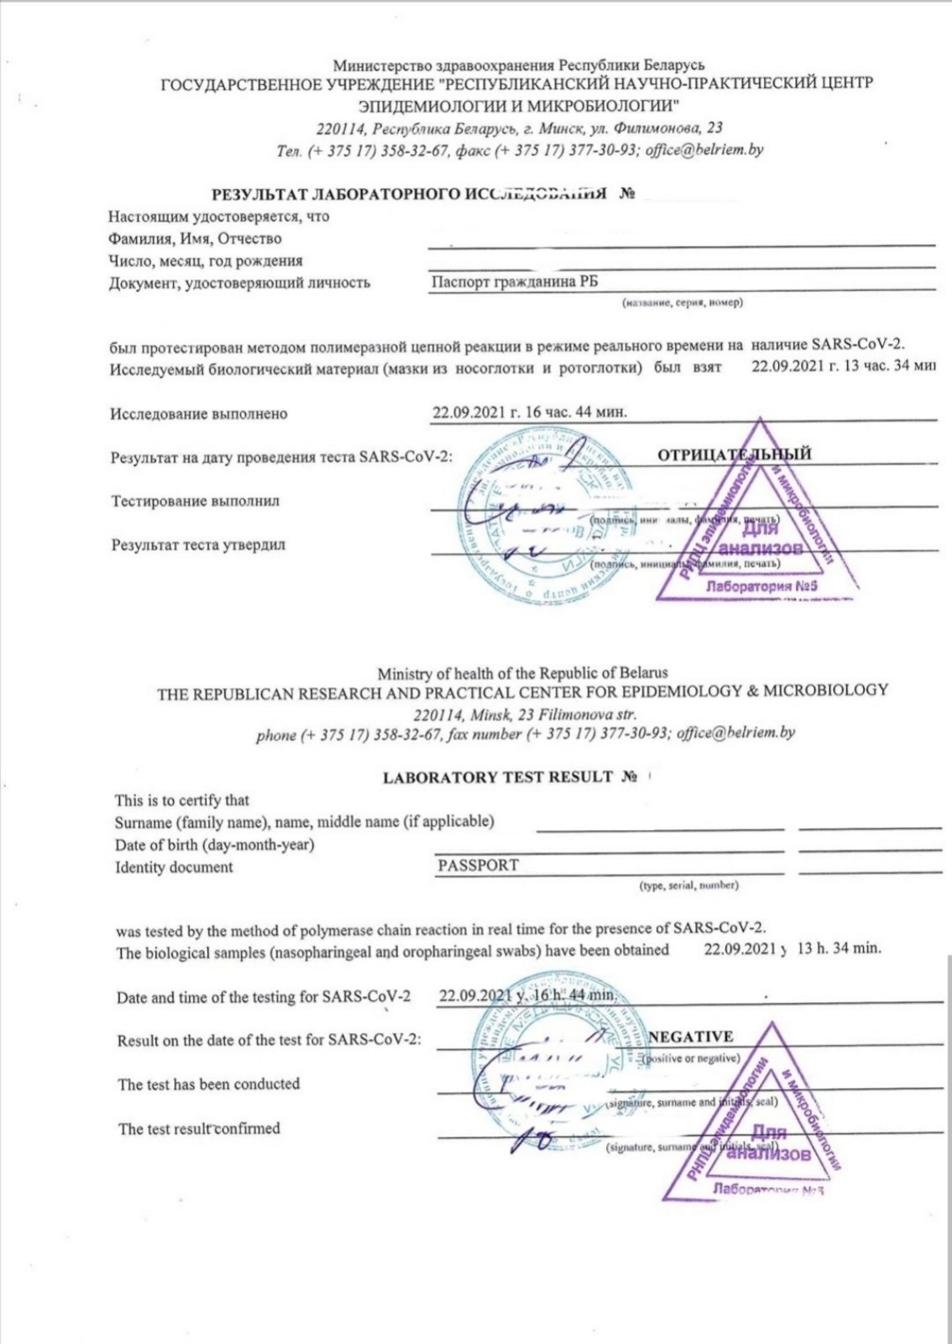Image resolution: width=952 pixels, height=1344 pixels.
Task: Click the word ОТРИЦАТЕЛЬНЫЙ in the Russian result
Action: [734, 454]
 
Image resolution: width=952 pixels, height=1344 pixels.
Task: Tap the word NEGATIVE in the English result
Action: [690, 1037]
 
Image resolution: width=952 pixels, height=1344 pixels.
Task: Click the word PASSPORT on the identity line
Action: [478, 865]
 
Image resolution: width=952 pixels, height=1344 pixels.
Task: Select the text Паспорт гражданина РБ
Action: [514, 282]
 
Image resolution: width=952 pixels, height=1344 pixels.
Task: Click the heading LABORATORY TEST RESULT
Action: [498, 777]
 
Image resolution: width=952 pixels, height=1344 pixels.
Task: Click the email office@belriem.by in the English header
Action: [735, 732]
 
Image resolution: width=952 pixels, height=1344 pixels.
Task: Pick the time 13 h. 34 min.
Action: [839, 948]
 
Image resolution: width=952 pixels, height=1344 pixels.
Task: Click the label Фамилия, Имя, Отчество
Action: [195, 239]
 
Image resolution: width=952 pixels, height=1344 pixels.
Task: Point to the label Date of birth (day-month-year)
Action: [215, 845]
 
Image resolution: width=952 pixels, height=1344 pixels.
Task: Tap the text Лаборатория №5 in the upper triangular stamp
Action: [761, 585]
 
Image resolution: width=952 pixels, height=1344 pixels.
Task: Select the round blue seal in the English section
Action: [546, 1063]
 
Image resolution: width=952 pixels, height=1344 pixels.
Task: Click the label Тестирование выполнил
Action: [195, 501]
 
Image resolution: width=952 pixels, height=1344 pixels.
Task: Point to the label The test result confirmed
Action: [199, 1129]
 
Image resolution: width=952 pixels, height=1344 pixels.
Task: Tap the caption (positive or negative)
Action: [690, 1058]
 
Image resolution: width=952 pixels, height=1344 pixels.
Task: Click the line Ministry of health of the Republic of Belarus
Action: [522, 673]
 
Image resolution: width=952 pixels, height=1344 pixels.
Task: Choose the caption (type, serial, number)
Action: [688, 885]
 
